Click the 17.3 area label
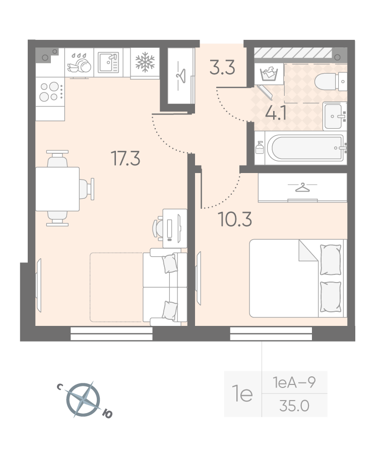(x=125, y=158)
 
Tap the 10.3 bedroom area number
(x=234, y=219)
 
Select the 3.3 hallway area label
(x=222, y=67)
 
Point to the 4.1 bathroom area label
(x=276, y=113)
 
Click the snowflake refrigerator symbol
(x=145, y=62)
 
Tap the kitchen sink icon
(x=108, y=63)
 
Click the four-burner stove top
(x=50, y=92)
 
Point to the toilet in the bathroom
(x=331, y=82)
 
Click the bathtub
(x=306, y=148)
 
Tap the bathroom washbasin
(x=335, y=116)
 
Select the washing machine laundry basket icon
(x=269, y=74)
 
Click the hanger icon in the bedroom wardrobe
(x=302, y=188)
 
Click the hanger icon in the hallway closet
(x=181, y=76)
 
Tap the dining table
(x=57, y=189)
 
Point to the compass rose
(x=84, y=400)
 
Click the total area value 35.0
(x=294, y=406)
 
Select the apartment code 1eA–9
(x=294, y=382)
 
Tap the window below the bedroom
(x=271, y=334)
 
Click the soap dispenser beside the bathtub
(x=260, y=148)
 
